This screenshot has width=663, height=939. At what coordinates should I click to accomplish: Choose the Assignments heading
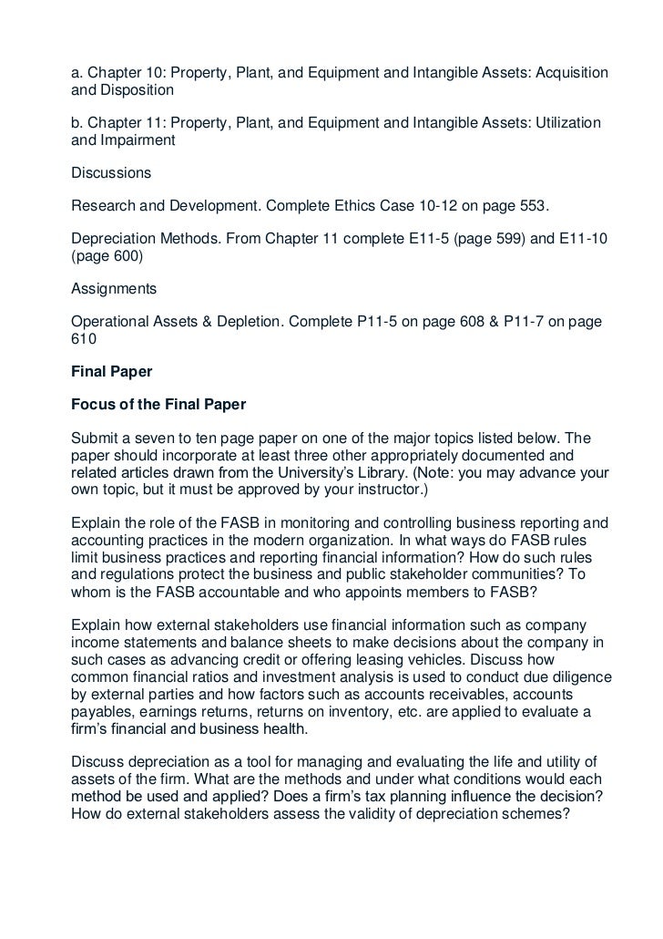114,290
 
